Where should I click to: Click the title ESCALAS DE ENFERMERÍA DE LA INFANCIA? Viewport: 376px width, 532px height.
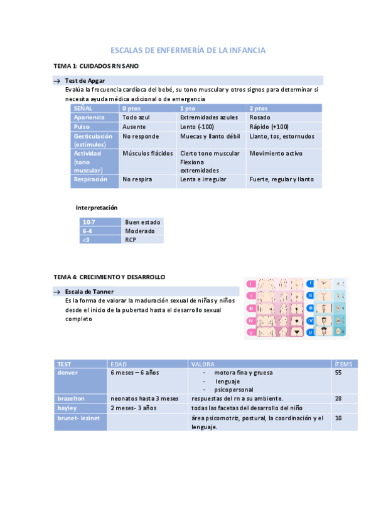(188, 50)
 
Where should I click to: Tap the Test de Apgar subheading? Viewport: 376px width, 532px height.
(85, 80)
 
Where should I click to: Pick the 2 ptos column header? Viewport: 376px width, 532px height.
(258, 108)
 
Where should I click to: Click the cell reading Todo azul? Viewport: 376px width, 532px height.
(136, 117)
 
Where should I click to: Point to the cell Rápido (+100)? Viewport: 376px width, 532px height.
(269, 126)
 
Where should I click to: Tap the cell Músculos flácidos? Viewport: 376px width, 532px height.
(148, 153)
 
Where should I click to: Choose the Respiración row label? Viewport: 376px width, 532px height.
(90, 179)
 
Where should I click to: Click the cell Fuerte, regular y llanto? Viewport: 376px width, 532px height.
(281, 179)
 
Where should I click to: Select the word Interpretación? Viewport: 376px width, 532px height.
(97, 207)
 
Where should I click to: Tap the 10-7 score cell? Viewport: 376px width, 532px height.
(90, 222)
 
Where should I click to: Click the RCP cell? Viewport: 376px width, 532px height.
(131, 240)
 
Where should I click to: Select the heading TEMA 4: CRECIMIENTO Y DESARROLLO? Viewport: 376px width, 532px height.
(109, 276)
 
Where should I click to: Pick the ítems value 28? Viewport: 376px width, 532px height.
(338, 398)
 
